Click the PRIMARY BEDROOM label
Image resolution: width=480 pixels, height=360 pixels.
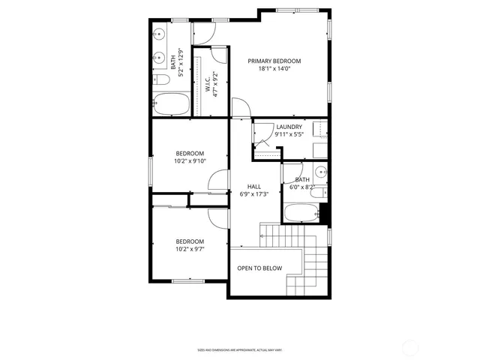point(274,61)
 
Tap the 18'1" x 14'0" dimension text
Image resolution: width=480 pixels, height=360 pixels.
point(274,69)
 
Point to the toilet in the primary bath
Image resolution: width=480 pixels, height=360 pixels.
point(160,79)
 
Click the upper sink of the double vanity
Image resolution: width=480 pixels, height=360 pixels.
point(160,34)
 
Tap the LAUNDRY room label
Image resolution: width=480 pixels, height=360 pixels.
point(289,127)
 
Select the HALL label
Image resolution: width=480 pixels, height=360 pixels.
point(254,186)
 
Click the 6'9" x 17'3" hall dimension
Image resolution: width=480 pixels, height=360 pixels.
point(254,194)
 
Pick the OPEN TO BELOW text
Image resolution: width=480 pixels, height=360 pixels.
point(259,268)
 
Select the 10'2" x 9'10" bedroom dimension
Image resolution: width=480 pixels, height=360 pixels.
point(190,160)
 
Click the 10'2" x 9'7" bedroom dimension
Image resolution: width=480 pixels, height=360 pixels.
point(190,249)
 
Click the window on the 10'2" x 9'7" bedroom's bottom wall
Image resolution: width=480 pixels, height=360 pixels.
point(187,281)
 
